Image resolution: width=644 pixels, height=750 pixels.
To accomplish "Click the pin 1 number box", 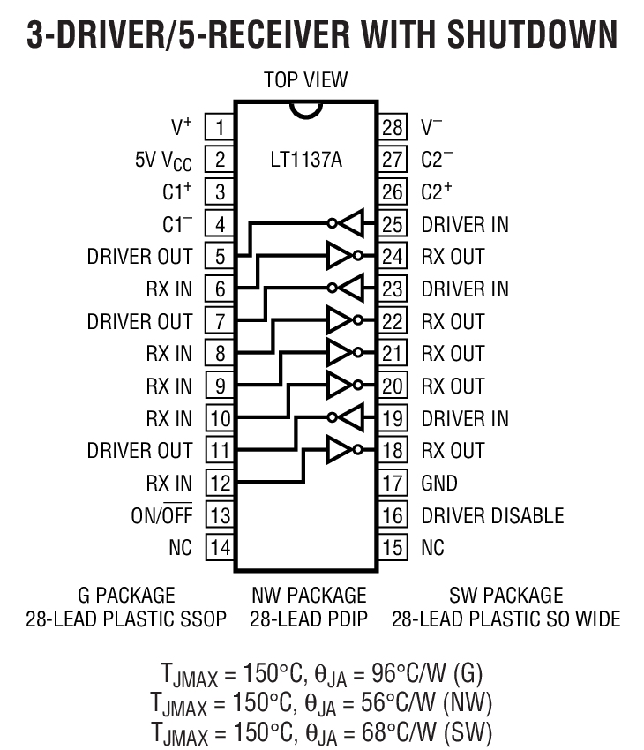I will point(219,127).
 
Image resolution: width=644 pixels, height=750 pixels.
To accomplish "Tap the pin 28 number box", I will point(393,127).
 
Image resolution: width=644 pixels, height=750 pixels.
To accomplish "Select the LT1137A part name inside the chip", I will point(306,161).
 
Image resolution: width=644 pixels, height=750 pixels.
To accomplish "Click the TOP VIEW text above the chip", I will point(305,80).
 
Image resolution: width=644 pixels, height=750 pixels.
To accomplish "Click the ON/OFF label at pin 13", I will point(161,515).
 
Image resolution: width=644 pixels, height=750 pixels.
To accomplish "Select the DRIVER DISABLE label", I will point(491,515).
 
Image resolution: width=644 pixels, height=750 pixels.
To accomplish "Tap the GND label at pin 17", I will point(439,483).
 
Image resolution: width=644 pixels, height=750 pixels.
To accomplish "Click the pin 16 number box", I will point(393,515).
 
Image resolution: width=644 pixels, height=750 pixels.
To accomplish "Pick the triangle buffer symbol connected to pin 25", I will point(350,224).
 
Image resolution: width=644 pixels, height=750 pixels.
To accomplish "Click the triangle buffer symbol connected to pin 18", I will point(341,451).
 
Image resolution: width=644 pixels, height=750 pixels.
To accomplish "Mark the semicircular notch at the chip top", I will point(305,107).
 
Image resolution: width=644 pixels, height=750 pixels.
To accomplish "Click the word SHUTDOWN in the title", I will point(532,35).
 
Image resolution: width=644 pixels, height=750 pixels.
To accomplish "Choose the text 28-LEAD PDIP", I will point(307,619).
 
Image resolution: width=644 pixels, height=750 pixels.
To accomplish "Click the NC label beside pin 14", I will point(180,548).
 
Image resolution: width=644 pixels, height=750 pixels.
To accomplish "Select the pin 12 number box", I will point(219,483).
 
